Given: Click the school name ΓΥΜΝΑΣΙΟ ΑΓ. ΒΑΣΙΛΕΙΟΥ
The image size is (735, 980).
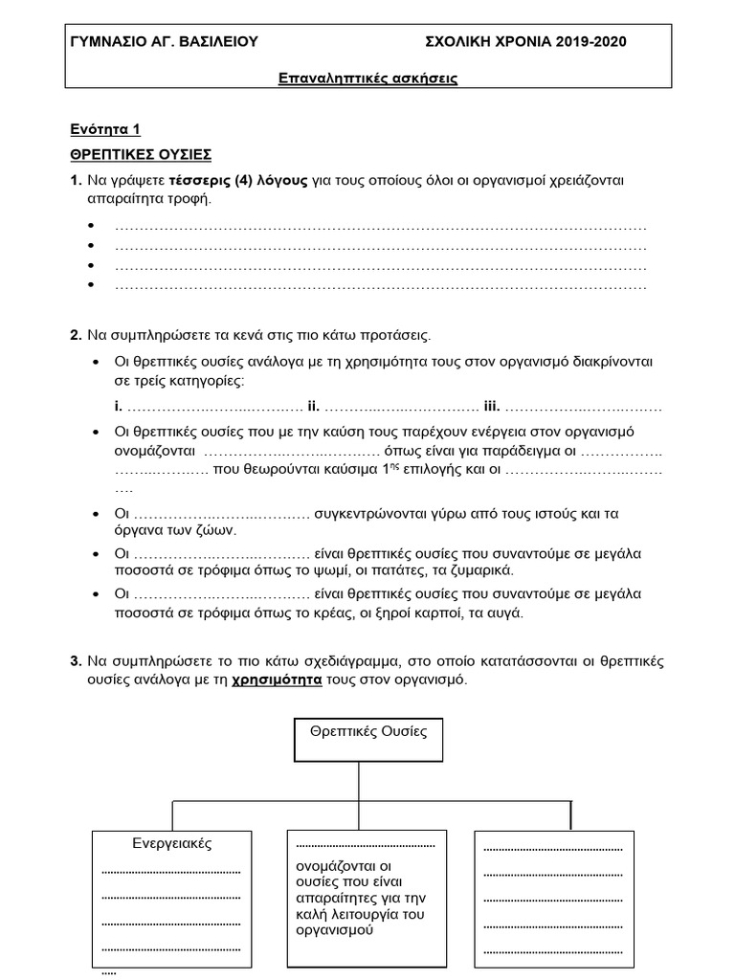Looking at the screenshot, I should pos(165,42).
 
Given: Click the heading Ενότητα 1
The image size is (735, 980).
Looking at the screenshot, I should pos(105,129).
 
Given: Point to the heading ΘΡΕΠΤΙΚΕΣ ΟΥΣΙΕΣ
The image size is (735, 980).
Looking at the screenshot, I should pos(141,154).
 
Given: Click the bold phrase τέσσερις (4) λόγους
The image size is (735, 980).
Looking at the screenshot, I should pos(239,181).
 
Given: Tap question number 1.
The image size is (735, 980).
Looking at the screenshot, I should pos(76,181).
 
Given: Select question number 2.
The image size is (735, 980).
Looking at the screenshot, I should pos(76,336).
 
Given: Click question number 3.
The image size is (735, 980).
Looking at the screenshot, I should pos(76,661).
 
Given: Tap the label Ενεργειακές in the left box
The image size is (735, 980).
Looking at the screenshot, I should pos(171,843).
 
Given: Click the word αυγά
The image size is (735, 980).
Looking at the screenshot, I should pos(506,612).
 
